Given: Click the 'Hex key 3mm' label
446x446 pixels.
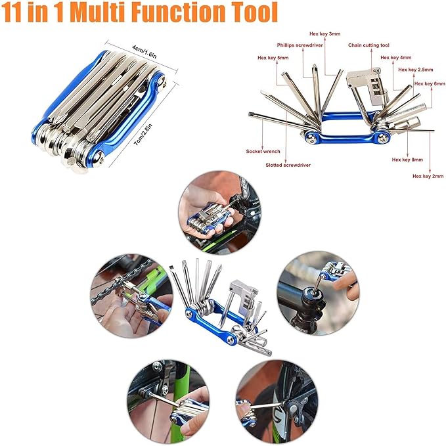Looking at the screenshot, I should coord(326,33).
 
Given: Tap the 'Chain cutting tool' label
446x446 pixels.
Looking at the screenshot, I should coord(369,45).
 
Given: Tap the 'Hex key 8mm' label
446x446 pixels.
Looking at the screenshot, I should coord(407,160).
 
